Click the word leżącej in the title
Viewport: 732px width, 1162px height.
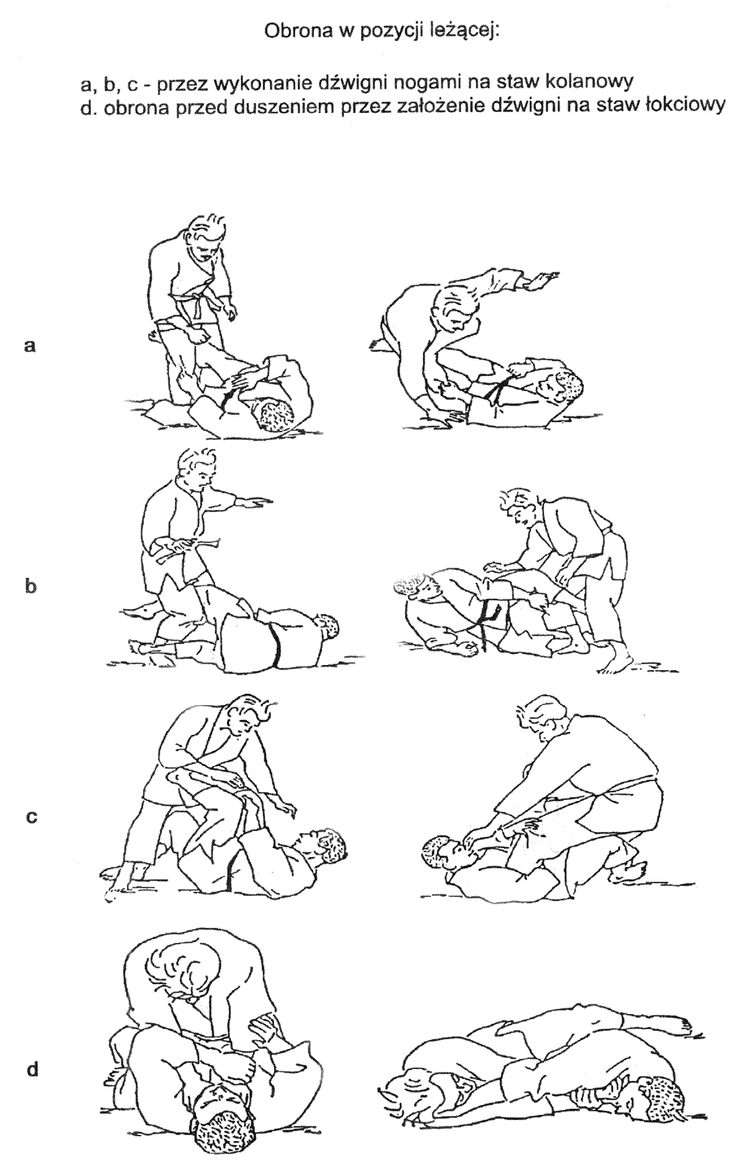pos(467,33)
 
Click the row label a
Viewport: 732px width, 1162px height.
pos(29,346)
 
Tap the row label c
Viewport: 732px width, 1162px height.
pos(31,817)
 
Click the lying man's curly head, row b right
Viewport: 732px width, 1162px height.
pos(413,586)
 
